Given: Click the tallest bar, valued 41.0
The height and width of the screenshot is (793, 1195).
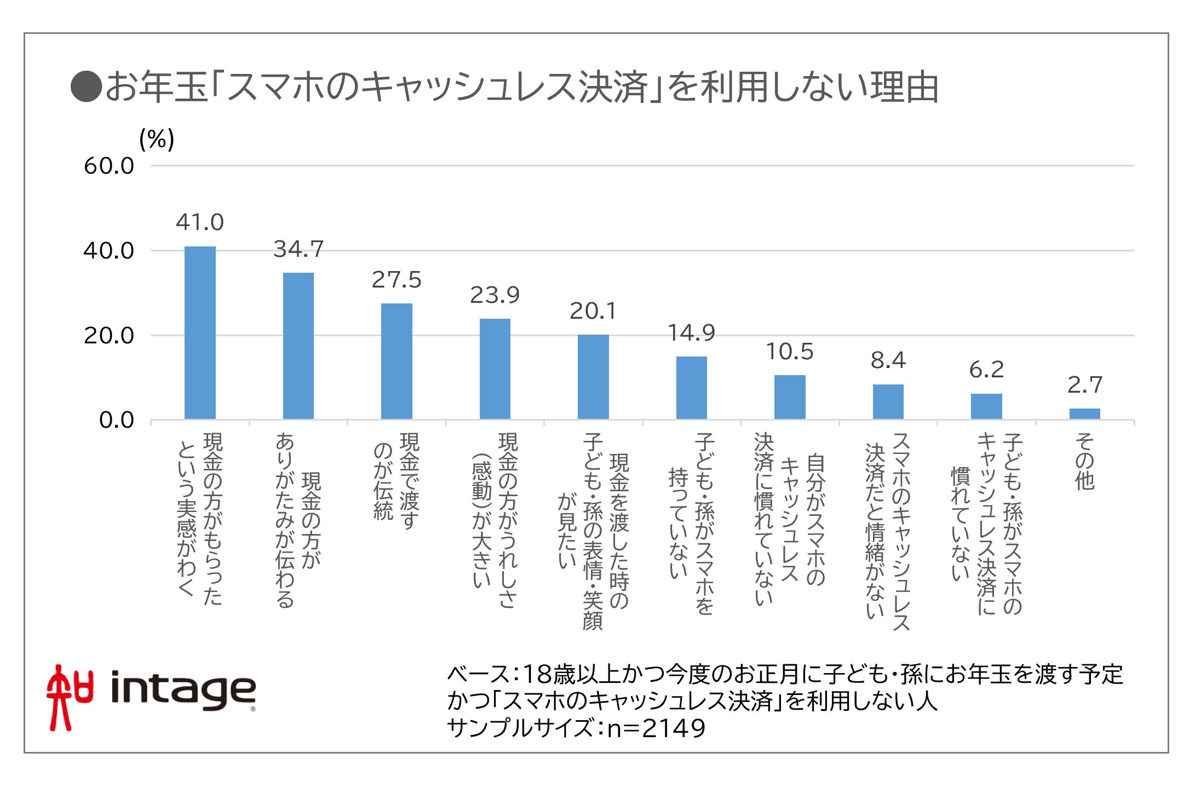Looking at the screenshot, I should pyautogui.click(x=200, y=333).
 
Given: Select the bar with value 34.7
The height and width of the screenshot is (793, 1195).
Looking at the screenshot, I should pyautogui.click(x=298, y=346).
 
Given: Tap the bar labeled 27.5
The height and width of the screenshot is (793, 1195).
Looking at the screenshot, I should pyautogui.click(x=397, y=361).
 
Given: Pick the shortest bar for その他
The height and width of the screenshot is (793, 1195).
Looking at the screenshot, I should pyautogui.click(x=1084, y=414).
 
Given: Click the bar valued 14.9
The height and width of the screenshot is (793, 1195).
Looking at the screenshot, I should pyautogui.click(x=691, y=388).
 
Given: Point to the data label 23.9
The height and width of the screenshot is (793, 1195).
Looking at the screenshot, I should pyautogui.click(x=495, y=296).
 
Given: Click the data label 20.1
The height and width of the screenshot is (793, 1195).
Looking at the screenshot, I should pyautogui.click(x=593, y=312).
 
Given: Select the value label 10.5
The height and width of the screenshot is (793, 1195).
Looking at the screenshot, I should pyautogui.click(x=789, y=352).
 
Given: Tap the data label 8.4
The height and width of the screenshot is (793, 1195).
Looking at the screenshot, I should pyautogui.click(x=888, y=361).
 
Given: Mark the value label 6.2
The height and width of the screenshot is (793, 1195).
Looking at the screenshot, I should pyautogui.click(x=986, y=370).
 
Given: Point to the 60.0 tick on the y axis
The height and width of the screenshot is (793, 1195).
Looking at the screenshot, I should pyautogui.click(x=108, y=166).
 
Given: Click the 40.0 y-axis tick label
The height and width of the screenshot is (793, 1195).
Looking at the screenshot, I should pyautogui.click(x=108, y=251).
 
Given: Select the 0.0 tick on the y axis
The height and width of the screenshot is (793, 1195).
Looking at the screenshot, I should pyautogui.click(x=116, y=421).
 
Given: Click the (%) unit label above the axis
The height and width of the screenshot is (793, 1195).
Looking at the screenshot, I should pyautogui.click(x=157, y=140).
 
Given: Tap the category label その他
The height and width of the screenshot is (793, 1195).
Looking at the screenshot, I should pyautogui.click(x=1084, y=461).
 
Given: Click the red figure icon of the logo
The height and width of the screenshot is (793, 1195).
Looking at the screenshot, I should pyautogui.click(x=68, y=697).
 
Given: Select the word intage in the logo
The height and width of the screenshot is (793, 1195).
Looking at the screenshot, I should pyautogui.click(x=183, y=690).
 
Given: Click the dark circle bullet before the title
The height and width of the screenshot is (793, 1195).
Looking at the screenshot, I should pyautogui.click(x=86, y=87).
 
